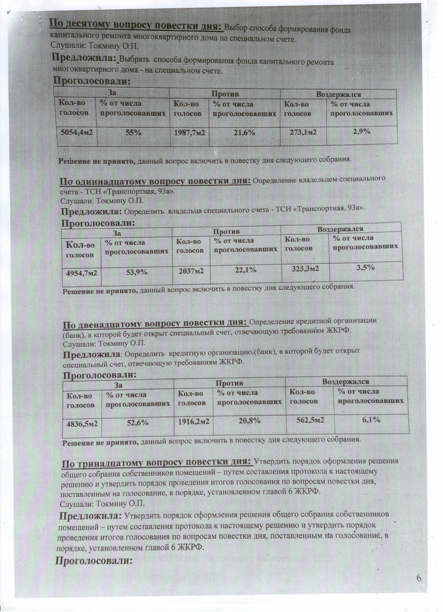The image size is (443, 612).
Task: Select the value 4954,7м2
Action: click(82, 273)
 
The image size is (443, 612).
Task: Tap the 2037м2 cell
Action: click(191, 271)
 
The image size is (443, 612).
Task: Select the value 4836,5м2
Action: click(82, 424)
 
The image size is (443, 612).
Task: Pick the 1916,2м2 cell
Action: click(194, 421)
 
